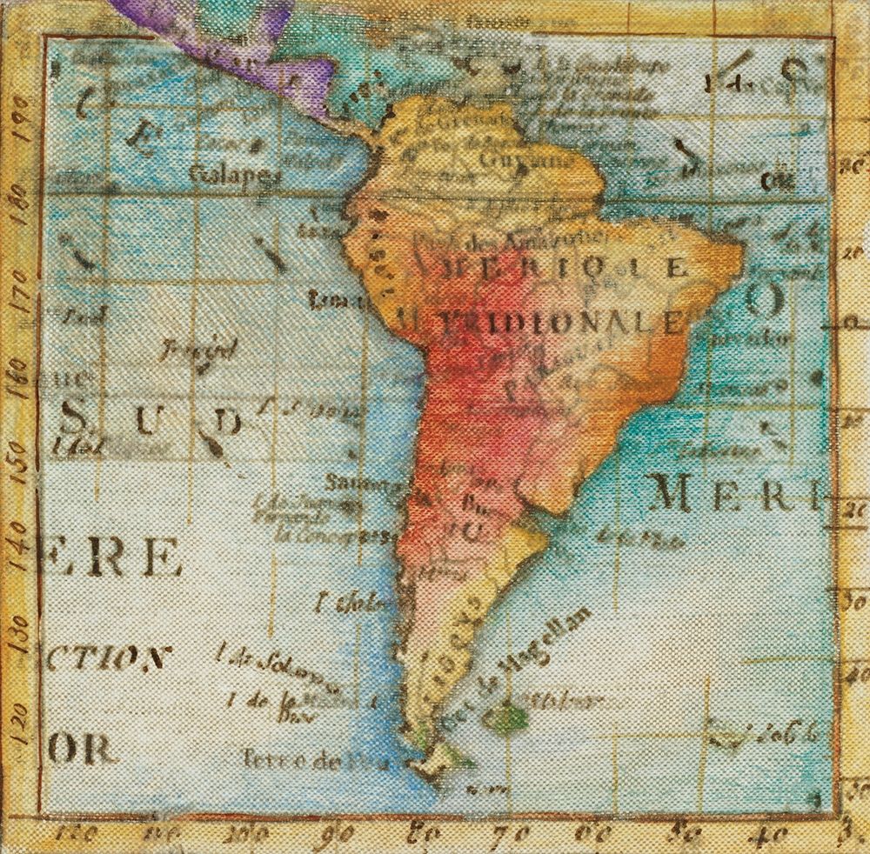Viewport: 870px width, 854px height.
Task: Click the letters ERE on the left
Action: [x=113, y=557]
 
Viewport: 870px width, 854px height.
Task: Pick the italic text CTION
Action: [x=104, y=657]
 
